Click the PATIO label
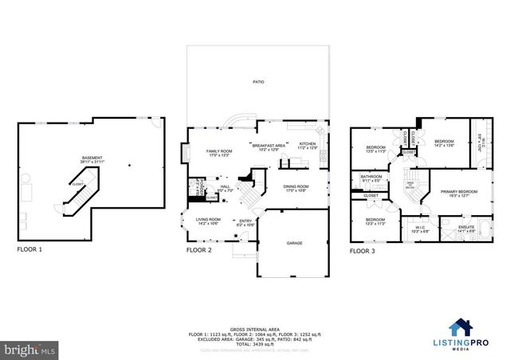(x=257, y=82)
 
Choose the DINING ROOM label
(x=296, y=188)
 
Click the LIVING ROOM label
(x=208, y=220)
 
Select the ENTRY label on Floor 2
(x=245, y=223)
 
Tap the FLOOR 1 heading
(x=29, y=249)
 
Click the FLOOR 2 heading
(x=198, y=249)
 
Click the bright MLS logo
(x=29, y=349)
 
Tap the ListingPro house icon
(x=461, y=327)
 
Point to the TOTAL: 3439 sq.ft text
(x=255, y=342)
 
